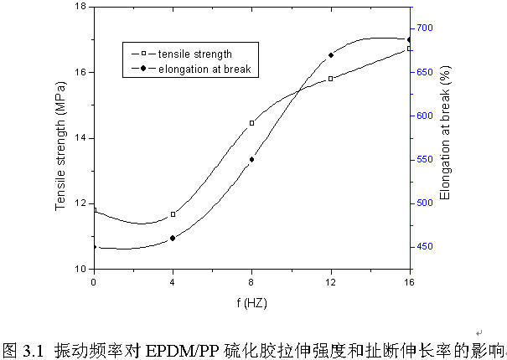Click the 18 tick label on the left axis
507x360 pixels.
81,7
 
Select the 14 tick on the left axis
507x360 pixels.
81,138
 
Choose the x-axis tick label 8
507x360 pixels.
251,282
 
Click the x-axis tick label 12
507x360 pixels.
330,282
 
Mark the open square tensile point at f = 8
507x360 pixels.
251,123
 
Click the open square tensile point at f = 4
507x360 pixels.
173,214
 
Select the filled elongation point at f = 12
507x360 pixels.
330,55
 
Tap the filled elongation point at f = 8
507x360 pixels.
251,159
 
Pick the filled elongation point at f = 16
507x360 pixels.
409,39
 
